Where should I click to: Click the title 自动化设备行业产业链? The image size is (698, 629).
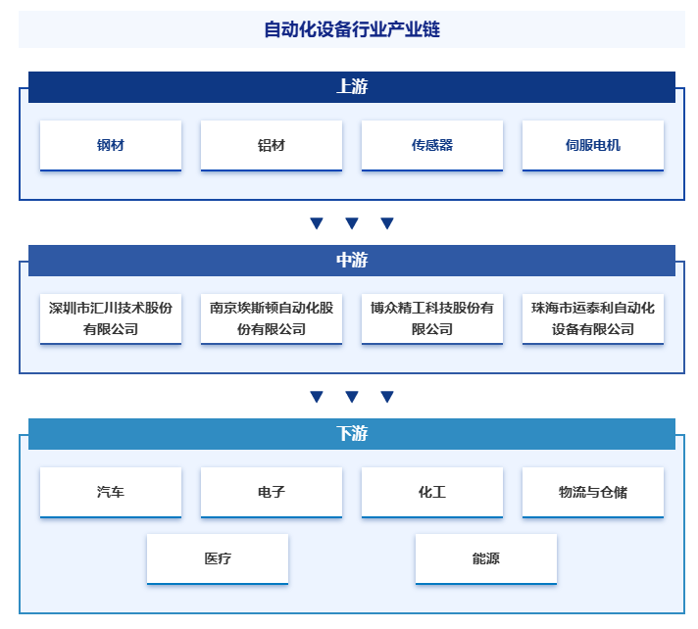(352, 29)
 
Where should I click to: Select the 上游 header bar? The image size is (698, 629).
(352, 87)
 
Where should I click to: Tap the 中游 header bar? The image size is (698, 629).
(352, 261)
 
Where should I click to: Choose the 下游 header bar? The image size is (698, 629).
(352, 434)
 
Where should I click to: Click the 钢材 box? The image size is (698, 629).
(111, 145)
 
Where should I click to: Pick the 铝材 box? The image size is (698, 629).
(272, 145)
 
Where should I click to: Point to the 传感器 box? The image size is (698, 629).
(432, 145)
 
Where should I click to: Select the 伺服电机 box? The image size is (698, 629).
(593, 145)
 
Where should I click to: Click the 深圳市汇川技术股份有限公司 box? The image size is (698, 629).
(111, 319)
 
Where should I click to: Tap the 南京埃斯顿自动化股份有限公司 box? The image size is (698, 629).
(272, 319)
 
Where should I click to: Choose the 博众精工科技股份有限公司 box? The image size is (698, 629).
(432, 319)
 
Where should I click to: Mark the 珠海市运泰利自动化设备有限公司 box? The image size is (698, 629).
(593, 319)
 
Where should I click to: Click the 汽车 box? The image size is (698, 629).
(111, 493)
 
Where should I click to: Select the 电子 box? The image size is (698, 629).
(272, 493)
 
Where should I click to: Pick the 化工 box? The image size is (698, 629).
(432, 493)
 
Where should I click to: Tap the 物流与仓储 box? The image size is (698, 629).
(593, 493)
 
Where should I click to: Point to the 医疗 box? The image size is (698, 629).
(218, 559)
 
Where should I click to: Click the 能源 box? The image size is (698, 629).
(486, 559)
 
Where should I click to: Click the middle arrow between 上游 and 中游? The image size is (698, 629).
(352, 222)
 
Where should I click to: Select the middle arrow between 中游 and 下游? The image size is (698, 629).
(352, 397)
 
